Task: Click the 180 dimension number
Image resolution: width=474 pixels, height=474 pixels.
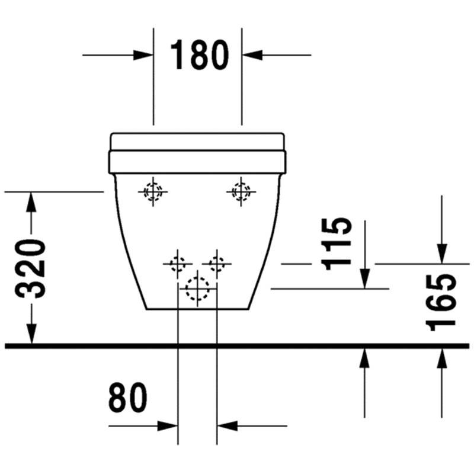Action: coord(199,55)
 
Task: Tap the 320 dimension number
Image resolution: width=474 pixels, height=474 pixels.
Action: coord(30,269)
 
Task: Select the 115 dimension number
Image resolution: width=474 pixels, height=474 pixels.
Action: coord(336,244)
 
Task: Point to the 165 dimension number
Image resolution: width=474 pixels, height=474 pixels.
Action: coord(440,303)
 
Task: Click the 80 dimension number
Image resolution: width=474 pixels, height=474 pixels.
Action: coord(127,397)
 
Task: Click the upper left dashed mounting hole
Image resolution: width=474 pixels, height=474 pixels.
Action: coord(153,191)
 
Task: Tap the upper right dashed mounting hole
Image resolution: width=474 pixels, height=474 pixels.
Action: coord(241,191)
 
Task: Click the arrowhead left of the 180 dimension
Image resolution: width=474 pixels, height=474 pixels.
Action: coord(143,55)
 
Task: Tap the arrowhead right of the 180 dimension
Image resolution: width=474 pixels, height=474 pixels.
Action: coord(252,55)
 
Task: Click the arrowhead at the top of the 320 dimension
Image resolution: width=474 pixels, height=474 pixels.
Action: coord(31,202)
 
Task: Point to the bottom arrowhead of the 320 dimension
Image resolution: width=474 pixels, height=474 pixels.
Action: coord(31,334)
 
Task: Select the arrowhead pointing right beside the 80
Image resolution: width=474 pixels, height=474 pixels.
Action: coord(168,426)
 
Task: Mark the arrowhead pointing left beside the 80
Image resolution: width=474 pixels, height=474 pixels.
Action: coord(228,426)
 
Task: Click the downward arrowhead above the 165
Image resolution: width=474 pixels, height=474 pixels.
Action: coord(441,254)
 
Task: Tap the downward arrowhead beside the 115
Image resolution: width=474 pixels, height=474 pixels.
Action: coord(365,278)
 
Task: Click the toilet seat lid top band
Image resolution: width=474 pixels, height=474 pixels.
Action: coord(197,142)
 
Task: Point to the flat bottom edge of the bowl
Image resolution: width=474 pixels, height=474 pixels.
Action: coord(197,309)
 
